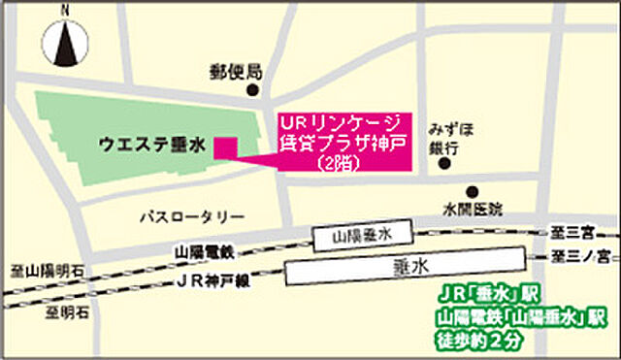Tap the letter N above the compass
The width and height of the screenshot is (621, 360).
(65, 9)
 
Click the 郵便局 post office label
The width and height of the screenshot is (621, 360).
(236, 71)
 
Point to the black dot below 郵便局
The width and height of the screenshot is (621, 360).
(254, 91)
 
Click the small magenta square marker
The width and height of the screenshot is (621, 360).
(225, 147)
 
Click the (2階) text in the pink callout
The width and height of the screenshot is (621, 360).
(339, 165)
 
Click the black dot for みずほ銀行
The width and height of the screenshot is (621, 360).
(445, 164)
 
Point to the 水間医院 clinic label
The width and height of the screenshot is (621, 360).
(474, 209)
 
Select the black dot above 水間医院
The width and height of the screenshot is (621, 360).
(473, 191)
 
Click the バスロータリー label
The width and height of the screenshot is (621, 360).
(192, 216)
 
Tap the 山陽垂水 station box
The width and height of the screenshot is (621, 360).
(360, 234)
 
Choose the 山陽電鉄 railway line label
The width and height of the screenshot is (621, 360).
(205, 251)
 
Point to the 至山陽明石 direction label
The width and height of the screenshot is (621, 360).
(43, 272)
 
